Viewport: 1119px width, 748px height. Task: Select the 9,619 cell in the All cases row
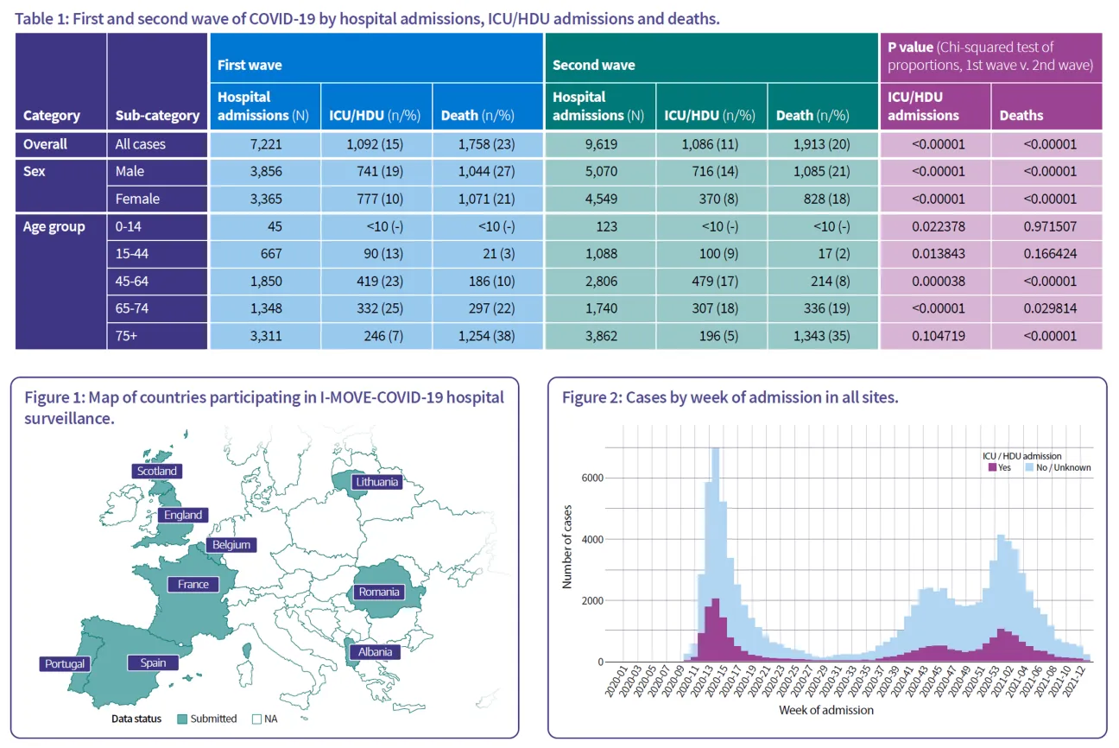pos(599,144)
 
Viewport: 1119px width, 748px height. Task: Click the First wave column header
pos(250,65)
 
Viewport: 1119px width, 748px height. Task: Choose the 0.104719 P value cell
pos(935,336)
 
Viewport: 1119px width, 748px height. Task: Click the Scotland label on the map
pos(156,471)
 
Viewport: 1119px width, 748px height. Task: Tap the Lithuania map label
pos(376,481)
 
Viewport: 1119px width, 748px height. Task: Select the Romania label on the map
pos(379,592)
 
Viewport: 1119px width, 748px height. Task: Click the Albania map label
pos(375,651)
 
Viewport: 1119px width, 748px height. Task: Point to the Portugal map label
pos(64,663)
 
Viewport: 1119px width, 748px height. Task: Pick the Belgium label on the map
pos(231,544)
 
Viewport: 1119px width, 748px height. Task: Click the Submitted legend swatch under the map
pos(182,719)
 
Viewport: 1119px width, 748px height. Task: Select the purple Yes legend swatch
pos(991,467)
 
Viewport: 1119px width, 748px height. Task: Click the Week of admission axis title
pos(825,710)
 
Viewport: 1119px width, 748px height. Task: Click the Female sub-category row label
pos(137,199)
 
